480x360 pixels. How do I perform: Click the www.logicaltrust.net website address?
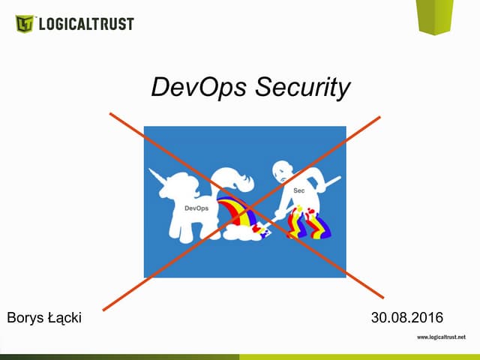[446, 337]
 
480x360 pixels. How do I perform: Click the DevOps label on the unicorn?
[196, 208]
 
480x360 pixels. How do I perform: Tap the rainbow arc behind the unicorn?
[237, 209]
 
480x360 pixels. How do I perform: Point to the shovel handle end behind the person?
[337, 178]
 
